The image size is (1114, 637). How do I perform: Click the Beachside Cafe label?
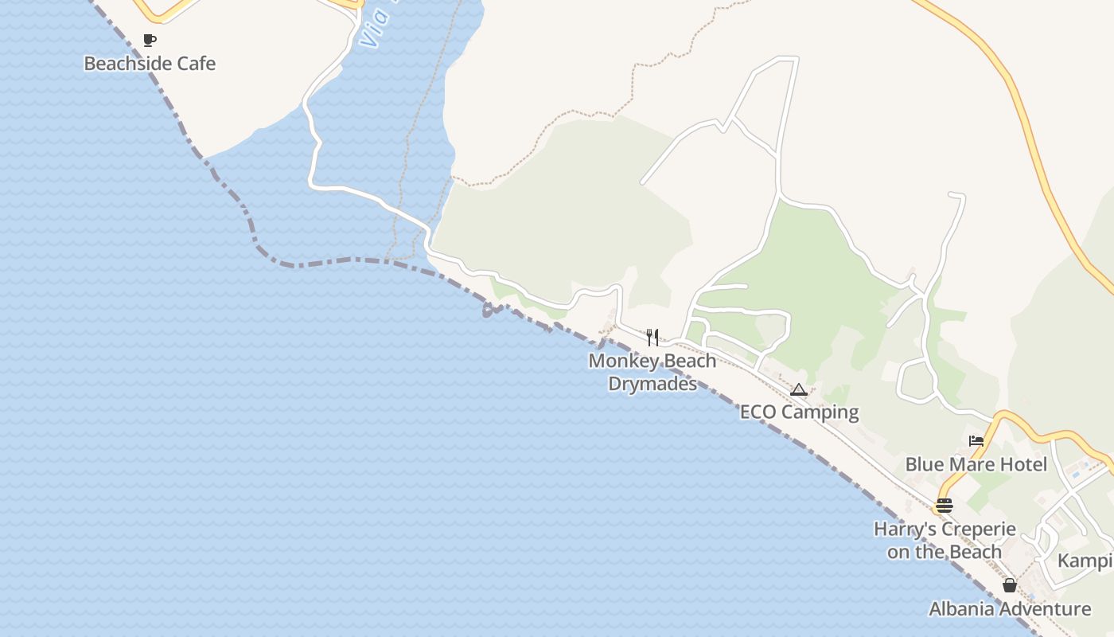150,64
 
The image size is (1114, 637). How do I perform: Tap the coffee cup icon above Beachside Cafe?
149,40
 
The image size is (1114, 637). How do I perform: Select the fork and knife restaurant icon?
652,338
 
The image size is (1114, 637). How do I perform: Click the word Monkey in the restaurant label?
623,361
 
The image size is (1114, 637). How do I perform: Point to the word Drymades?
652,384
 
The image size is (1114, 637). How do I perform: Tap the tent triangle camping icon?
799,390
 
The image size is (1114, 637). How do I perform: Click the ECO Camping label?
799,412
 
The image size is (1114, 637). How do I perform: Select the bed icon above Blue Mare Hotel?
976,441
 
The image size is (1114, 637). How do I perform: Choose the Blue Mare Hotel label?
976,464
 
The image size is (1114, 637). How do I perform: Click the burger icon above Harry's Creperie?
945,506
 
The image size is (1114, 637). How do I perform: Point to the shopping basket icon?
1010,585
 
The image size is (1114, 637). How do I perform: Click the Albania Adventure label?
1010,610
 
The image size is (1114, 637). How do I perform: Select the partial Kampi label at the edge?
1085,561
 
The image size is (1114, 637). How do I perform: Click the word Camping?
820,412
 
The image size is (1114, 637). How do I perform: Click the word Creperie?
978,530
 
